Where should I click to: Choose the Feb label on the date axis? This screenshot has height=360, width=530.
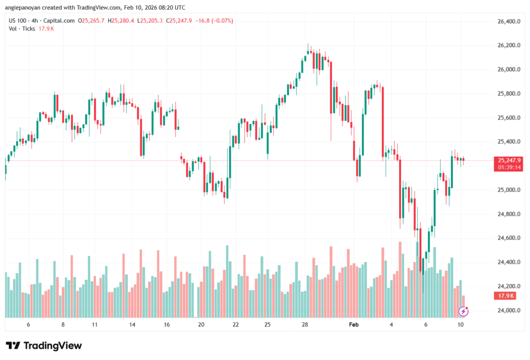[354, 324]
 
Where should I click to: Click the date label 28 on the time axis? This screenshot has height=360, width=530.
[305, 324]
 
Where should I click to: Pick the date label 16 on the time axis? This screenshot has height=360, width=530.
[167, 324]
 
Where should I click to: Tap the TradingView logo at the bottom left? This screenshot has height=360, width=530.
[44, 346]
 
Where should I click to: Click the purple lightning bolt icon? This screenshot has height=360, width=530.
[464, 311]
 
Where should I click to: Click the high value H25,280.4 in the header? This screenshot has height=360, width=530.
[121, 21]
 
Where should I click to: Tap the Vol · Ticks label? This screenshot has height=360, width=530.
[22, 28]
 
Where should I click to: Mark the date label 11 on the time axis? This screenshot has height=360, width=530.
[95, 324]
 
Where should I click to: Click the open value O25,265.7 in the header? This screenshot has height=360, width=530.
[92, 21]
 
